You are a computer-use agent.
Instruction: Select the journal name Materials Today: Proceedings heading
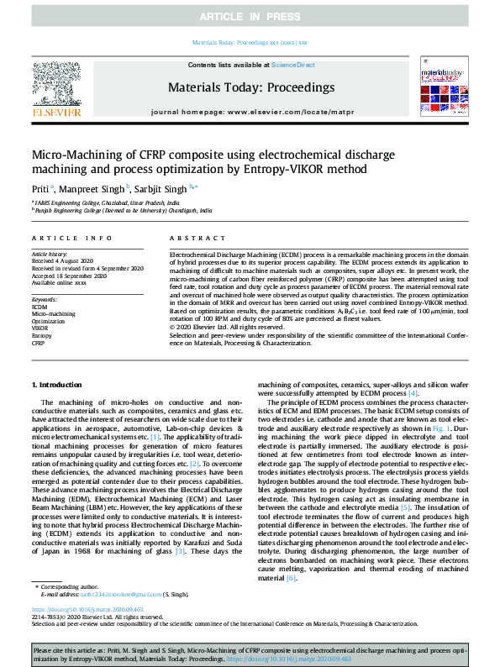(251, 87)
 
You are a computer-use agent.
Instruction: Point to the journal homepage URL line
(250, 111)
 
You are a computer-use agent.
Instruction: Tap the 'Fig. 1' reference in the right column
(441, 428)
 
